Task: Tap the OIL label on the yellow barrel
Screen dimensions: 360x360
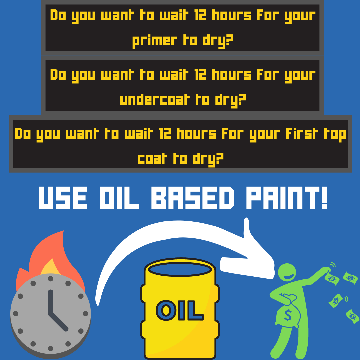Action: (x=180, y=311)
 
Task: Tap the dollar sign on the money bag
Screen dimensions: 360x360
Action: (x=288, y=314)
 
